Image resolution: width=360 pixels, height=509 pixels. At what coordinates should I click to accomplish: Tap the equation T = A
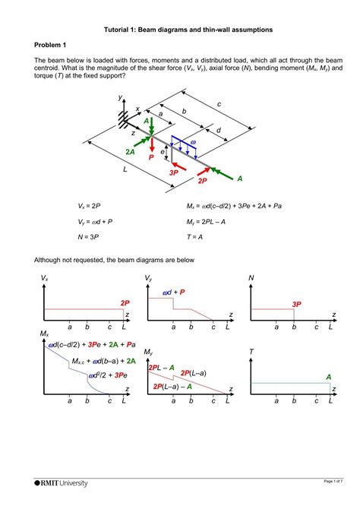pyautogui.click(x=197, y=237)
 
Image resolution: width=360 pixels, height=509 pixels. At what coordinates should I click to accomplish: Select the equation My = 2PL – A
pyautogui.click(x=211, y=222)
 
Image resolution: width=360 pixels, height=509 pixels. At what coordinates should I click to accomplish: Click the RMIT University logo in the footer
pyautogui.click(x=62, y=482)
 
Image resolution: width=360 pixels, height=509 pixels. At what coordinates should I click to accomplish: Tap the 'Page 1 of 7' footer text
pyautogui.click(x=331, y=482)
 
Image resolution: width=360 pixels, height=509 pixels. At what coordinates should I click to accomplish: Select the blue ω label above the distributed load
pyautogui.click(x=193, y=142)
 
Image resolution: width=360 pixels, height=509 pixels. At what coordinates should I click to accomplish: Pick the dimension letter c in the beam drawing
pyautogui.click(x=219, y=103)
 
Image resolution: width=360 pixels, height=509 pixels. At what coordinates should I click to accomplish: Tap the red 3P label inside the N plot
pyautogui.click(x=297, y=304)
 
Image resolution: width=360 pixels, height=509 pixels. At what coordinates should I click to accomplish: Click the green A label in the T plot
pyautogui.click(x=328, y=377)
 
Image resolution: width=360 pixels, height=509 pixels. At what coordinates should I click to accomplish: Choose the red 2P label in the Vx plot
pyautogui.click(x=125, y=302)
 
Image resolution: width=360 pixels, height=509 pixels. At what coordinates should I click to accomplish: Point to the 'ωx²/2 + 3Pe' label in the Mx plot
pyautogui.click(x=107, y=375)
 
